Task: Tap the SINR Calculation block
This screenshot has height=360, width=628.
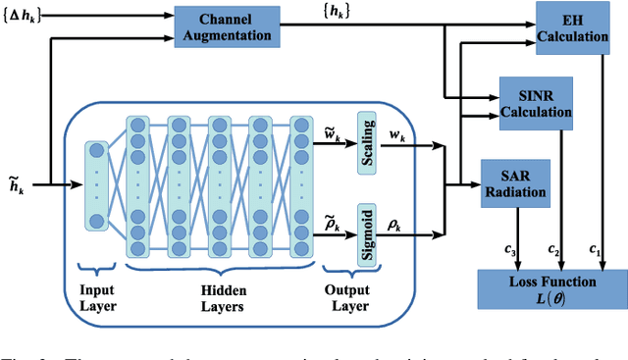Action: coord(536,101)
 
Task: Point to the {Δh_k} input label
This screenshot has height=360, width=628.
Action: coord(24,13)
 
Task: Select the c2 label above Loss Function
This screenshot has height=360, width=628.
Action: coord(554,252)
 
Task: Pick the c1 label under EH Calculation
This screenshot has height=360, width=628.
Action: coord(593,252)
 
